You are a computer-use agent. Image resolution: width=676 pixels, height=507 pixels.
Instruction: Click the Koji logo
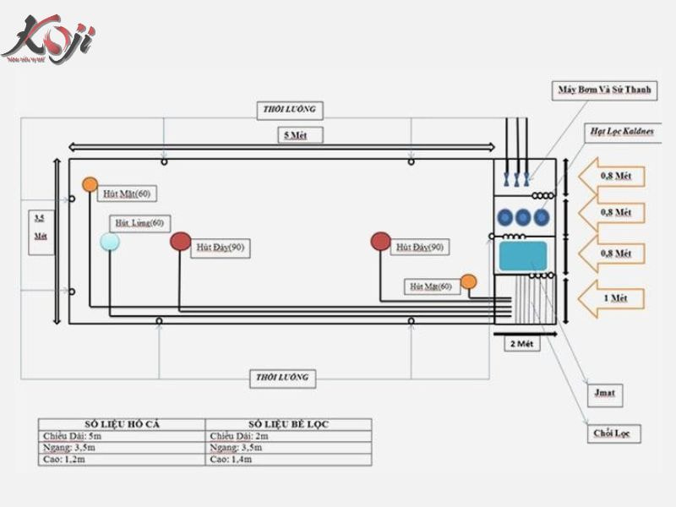click(48, 39)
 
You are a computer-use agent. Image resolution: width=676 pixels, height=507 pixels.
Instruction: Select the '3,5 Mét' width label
click(40, 227)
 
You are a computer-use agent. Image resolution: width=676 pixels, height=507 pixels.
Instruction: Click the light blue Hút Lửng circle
click(110, 243)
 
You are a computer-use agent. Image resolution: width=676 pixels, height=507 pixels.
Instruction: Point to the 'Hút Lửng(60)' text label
click(139, 223)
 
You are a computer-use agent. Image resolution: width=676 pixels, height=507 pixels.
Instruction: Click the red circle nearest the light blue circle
click(180, 243)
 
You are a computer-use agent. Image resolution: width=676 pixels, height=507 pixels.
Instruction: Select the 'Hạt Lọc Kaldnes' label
click(622, 132)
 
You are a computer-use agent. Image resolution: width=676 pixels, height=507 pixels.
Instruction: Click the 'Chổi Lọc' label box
click(615, 434)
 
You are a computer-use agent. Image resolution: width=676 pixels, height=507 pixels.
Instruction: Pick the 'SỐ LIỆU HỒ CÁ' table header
click(122, 423)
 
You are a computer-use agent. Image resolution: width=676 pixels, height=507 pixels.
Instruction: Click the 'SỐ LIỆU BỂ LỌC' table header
click(288, 423)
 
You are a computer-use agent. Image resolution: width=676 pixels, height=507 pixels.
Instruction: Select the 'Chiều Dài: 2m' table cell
click(288, 435)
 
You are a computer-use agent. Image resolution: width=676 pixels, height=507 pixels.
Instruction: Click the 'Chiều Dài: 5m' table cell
click(122, 435)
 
